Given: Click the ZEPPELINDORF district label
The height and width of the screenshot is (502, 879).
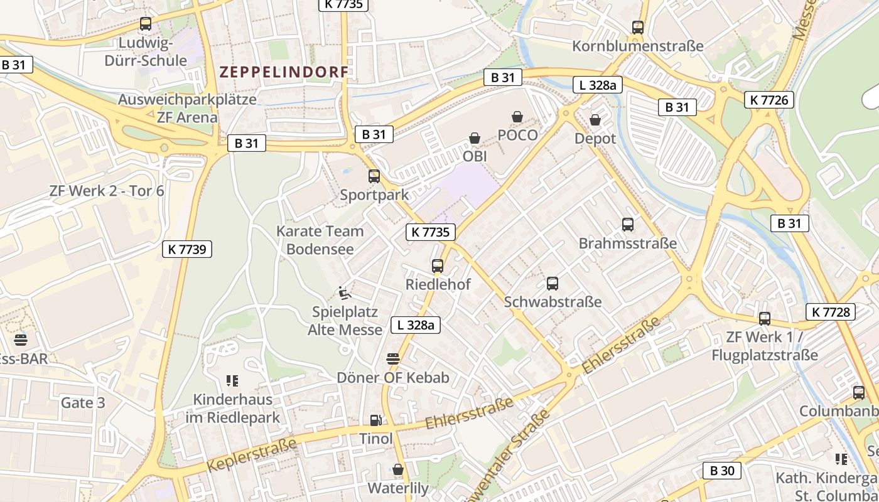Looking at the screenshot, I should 283,72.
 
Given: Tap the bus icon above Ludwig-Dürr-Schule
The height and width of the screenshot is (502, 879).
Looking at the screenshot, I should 146,24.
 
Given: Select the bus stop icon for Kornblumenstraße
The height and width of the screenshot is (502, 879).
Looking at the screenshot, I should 638,27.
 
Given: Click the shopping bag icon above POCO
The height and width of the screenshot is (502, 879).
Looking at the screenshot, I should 517,117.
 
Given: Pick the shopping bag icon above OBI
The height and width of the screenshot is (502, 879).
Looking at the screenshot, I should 475,137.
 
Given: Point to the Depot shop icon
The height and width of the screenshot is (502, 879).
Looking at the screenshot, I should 595,119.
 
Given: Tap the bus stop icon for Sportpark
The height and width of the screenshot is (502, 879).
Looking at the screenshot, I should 374,176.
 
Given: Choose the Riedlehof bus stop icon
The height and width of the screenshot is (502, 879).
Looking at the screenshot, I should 438,265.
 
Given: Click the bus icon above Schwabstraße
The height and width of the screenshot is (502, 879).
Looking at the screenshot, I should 553,283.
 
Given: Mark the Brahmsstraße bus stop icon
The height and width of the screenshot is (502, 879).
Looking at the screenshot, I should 627,224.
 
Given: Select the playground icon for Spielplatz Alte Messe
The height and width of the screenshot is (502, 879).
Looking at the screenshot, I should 344,292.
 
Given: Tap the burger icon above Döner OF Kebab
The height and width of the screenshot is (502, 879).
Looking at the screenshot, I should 393,358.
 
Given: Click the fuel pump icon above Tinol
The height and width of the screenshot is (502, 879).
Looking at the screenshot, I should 375,420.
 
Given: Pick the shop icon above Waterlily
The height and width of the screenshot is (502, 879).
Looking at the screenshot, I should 397,469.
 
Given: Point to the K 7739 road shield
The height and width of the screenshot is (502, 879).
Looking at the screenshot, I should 187,249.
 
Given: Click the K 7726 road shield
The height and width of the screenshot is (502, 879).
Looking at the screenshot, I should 769,100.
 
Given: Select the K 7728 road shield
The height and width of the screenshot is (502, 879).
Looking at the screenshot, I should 831,312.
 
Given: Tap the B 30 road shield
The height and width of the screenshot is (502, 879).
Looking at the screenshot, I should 721,471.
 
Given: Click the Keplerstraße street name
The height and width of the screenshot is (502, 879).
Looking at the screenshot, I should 251,456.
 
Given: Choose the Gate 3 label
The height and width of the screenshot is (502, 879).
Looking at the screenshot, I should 83,403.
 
